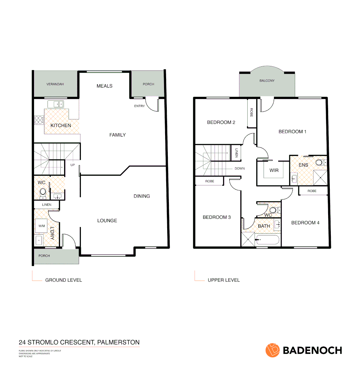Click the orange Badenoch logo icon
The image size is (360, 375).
click(x=273, y=350)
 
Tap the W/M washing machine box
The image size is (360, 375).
click(x=42, y=226)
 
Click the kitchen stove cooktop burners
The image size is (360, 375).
click(x=38, y=120)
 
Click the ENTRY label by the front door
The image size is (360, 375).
click(x=139, y=106)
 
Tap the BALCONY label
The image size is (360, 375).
click(x=267, y=81)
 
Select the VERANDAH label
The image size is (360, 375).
click(x=55, y=84)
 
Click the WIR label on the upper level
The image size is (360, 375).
click(x=274, y=170)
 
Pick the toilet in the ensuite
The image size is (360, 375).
click(x=320, y=162)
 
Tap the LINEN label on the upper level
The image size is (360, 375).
click(x=237, y=153)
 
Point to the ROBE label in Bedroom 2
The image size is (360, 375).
click(x=251, y=112)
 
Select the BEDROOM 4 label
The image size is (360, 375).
click(x=305, y=223)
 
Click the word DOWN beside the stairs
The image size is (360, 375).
click(x=239, y=168)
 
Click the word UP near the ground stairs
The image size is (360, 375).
click(x=72, y=165)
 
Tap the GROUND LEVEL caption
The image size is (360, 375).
click(x=63, y=280)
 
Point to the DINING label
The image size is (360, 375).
click(x=142, y=196)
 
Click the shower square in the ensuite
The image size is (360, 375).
click(x=320, y=177)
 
